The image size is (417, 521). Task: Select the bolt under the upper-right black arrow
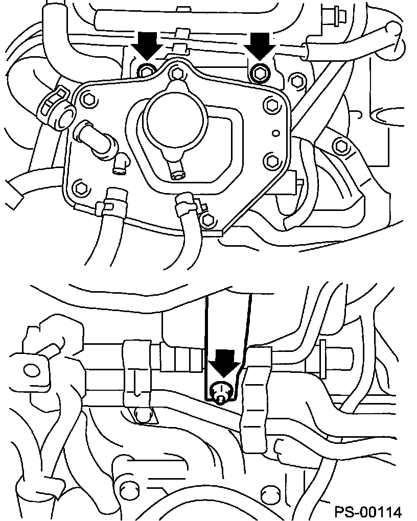coord(259,72)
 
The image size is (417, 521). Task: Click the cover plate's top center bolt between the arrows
coord(177,73)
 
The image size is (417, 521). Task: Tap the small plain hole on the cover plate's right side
coord(275,133)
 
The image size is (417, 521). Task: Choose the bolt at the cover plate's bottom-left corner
coord(80,188)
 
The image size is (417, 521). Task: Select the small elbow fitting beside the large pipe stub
coord(120,163)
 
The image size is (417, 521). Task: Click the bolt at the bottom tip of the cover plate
coord(208,220)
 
